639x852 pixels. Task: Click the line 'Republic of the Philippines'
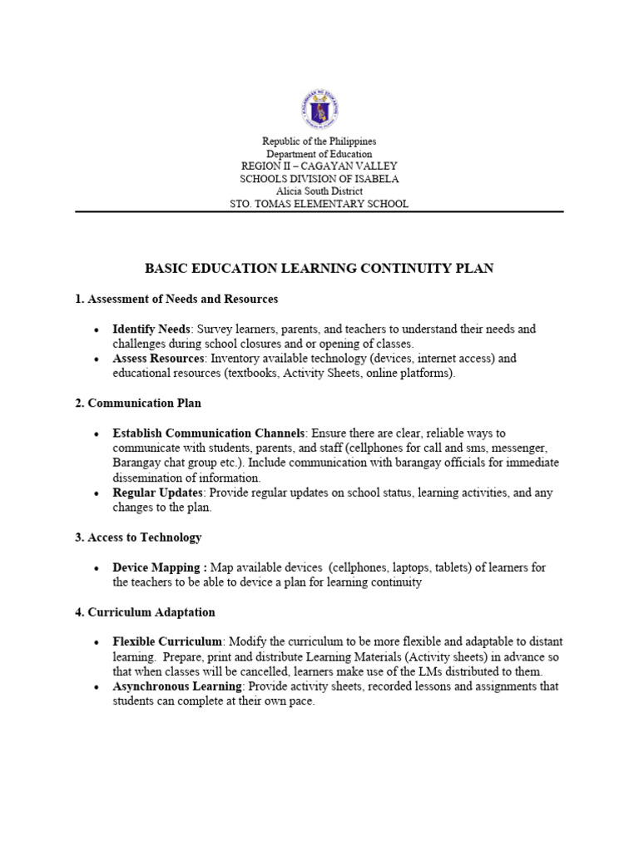pos(319,142)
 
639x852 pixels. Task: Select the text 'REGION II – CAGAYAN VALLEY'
pos(319,166)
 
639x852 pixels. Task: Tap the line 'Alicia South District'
pos(319,191)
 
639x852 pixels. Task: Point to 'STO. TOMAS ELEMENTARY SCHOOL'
pos(319,204)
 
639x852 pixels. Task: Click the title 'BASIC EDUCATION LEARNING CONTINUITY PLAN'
pos(319,268)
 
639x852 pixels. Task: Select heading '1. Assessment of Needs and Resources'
pos(176,298)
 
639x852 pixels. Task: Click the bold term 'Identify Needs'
pos(151,329)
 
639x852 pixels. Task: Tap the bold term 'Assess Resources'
pos(158,359)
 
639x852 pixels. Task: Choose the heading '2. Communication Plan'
pos(138,403)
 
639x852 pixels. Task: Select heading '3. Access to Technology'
pos(138,537)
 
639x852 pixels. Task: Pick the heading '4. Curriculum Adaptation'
pos(145,612)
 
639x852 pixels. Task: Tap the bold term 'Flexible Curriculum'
pos(167,642)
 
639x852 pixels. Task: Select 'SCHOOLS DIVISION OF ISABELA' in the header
pos(319,179)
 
